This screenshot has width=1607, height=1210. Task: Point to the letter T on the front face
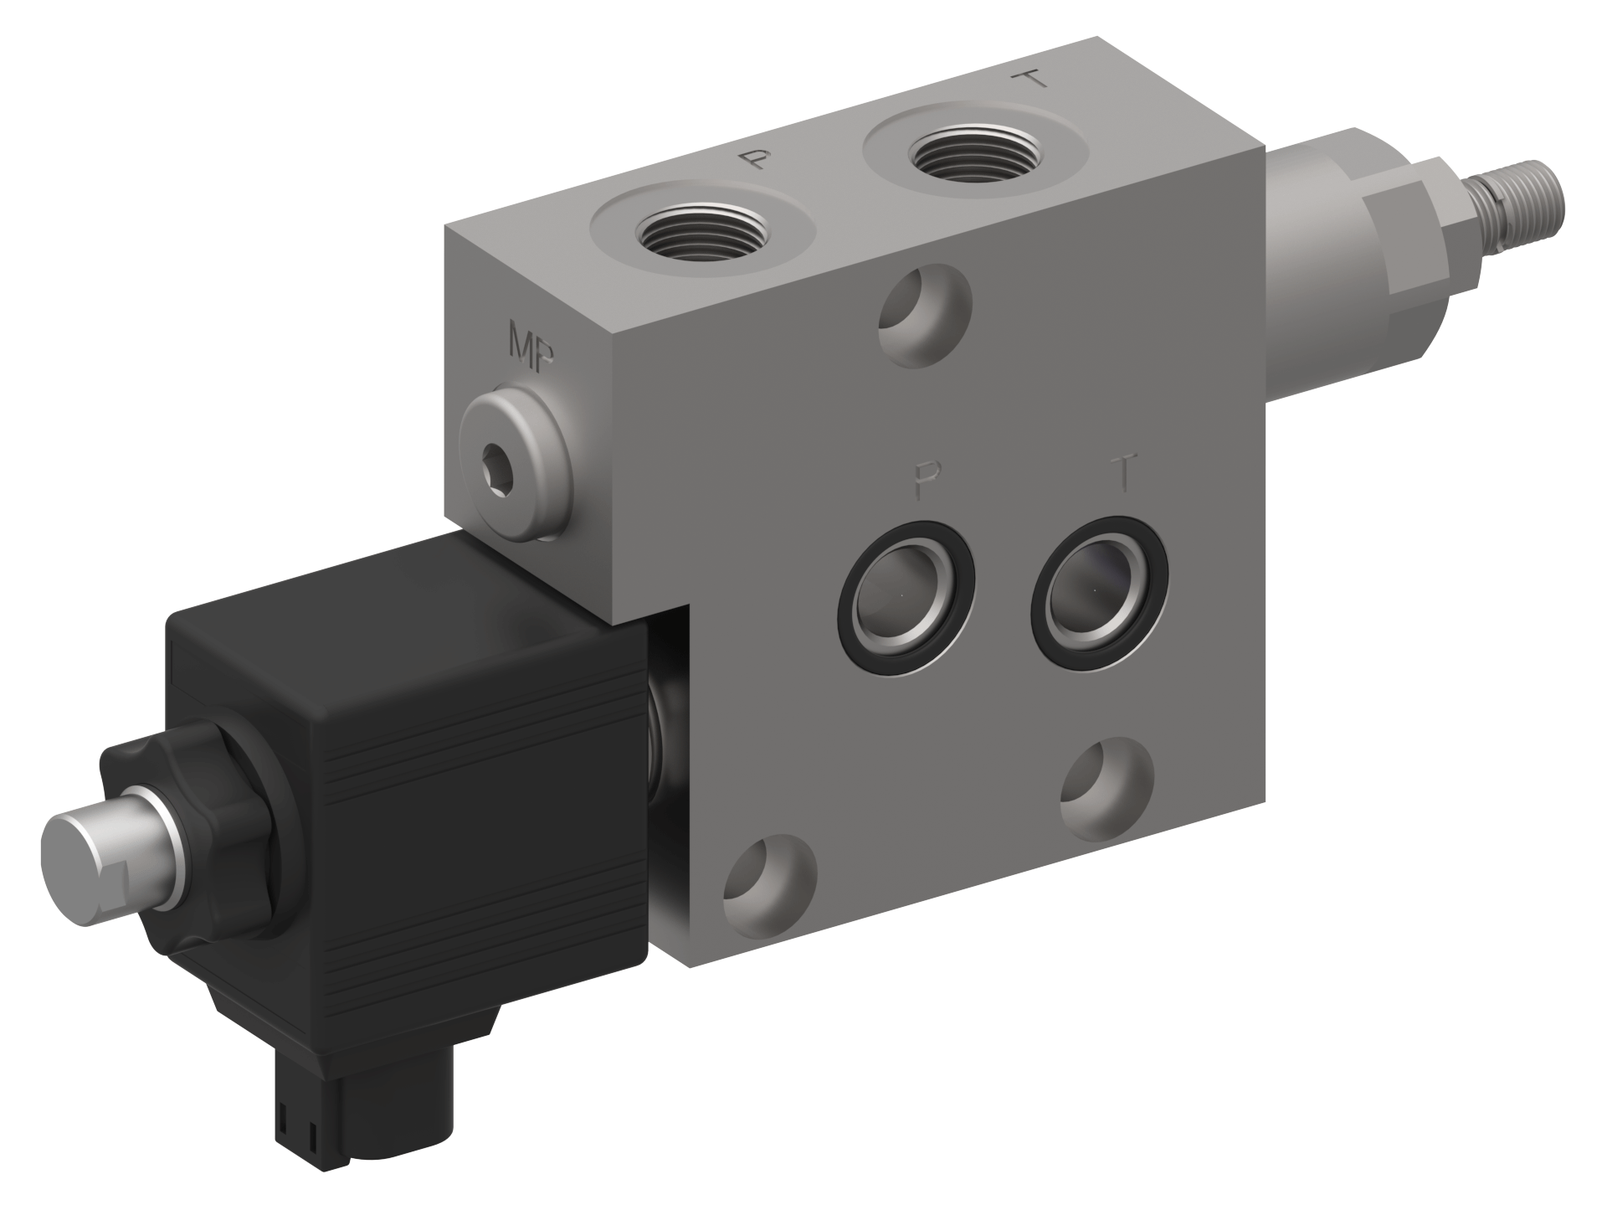(x=1127, y=472)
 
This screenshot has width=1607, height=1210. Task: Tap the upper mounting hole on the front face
(x=925, y=315)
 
